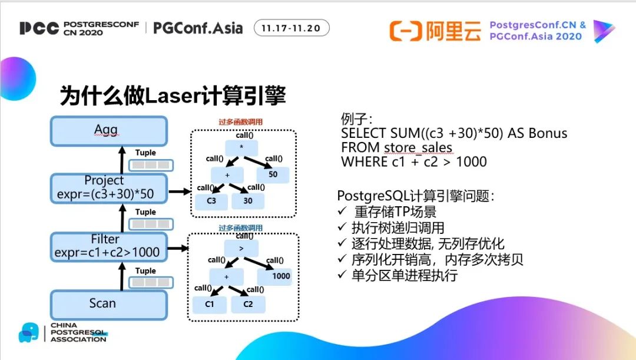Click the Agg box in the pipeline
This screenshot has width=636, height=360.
109,130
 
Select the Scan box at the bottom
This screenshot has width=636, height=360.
109,304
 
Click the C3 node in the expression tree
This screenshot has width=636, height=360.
211,201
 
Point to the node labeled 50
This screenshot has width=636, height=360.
273,174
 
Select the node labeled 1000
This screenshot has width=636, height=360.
281,276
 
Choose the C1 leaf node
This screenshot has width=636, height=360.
210,304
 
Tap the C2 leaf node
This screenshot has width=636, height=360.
248,304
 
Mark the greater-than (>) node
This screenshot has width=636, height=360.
241,249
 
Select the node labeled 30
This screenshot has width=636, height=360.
249,201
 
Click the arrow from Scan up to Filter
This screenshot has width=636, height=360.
123,276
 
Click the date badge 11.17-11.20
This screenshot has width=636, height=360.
291,28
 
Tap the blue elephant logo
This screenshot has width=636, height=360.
28,332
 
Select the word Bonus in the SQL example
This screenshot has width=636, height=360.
548,133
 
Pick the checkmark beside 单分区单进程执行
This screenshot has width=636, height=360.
342,275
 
